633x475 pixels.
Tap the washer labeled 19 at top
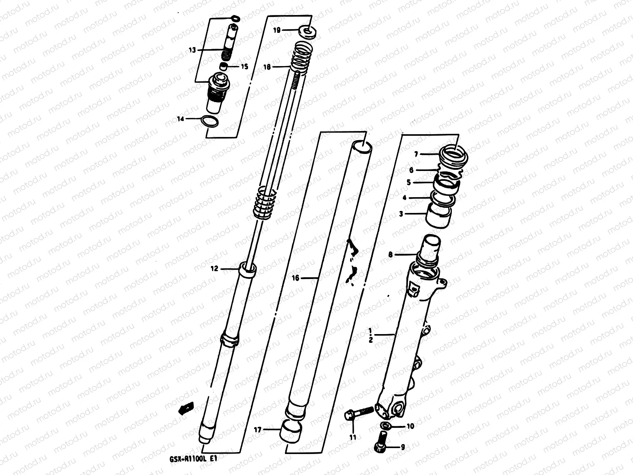point(308,30)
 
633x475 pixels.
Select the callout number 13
point(192,50)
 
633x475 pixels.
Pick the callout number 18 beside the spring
point(267,67)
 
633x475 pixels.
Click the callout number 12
point(214,269)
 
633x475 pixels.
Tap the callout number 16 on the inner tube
point(296,278)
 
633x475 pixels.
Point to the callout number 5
point(409,182)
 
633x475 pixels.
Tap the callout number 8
point(390,255)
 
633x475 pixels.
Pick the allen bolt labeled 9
point(381,442)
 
